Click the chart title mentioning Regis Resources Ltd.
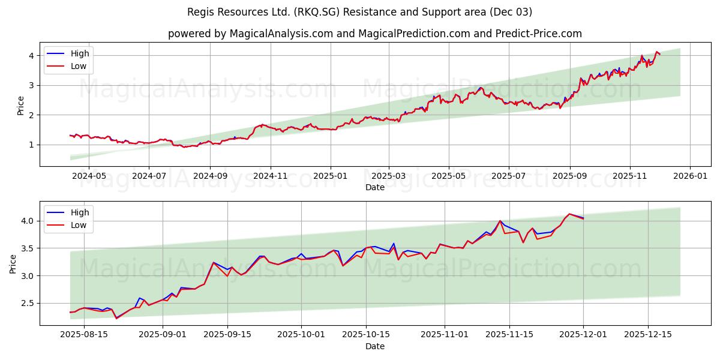click(359, 12)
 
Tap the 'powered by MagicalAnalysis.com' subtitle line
click(374, 34)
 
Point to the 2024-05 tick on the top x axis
click(88, 176)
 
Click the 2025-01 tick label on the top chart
click(330, 176)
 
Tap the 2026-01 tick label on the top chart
click(690, 176)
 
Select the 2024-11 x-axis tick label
click(270, 176)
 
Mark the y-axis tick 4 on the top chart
click(31, 56)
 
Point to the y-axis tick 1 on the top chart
click(31, 145)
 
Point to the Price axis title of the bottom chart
click(13, 263)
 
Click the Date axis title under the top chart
click(374, 187)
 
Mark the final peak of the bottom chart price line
click(569, 214)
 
